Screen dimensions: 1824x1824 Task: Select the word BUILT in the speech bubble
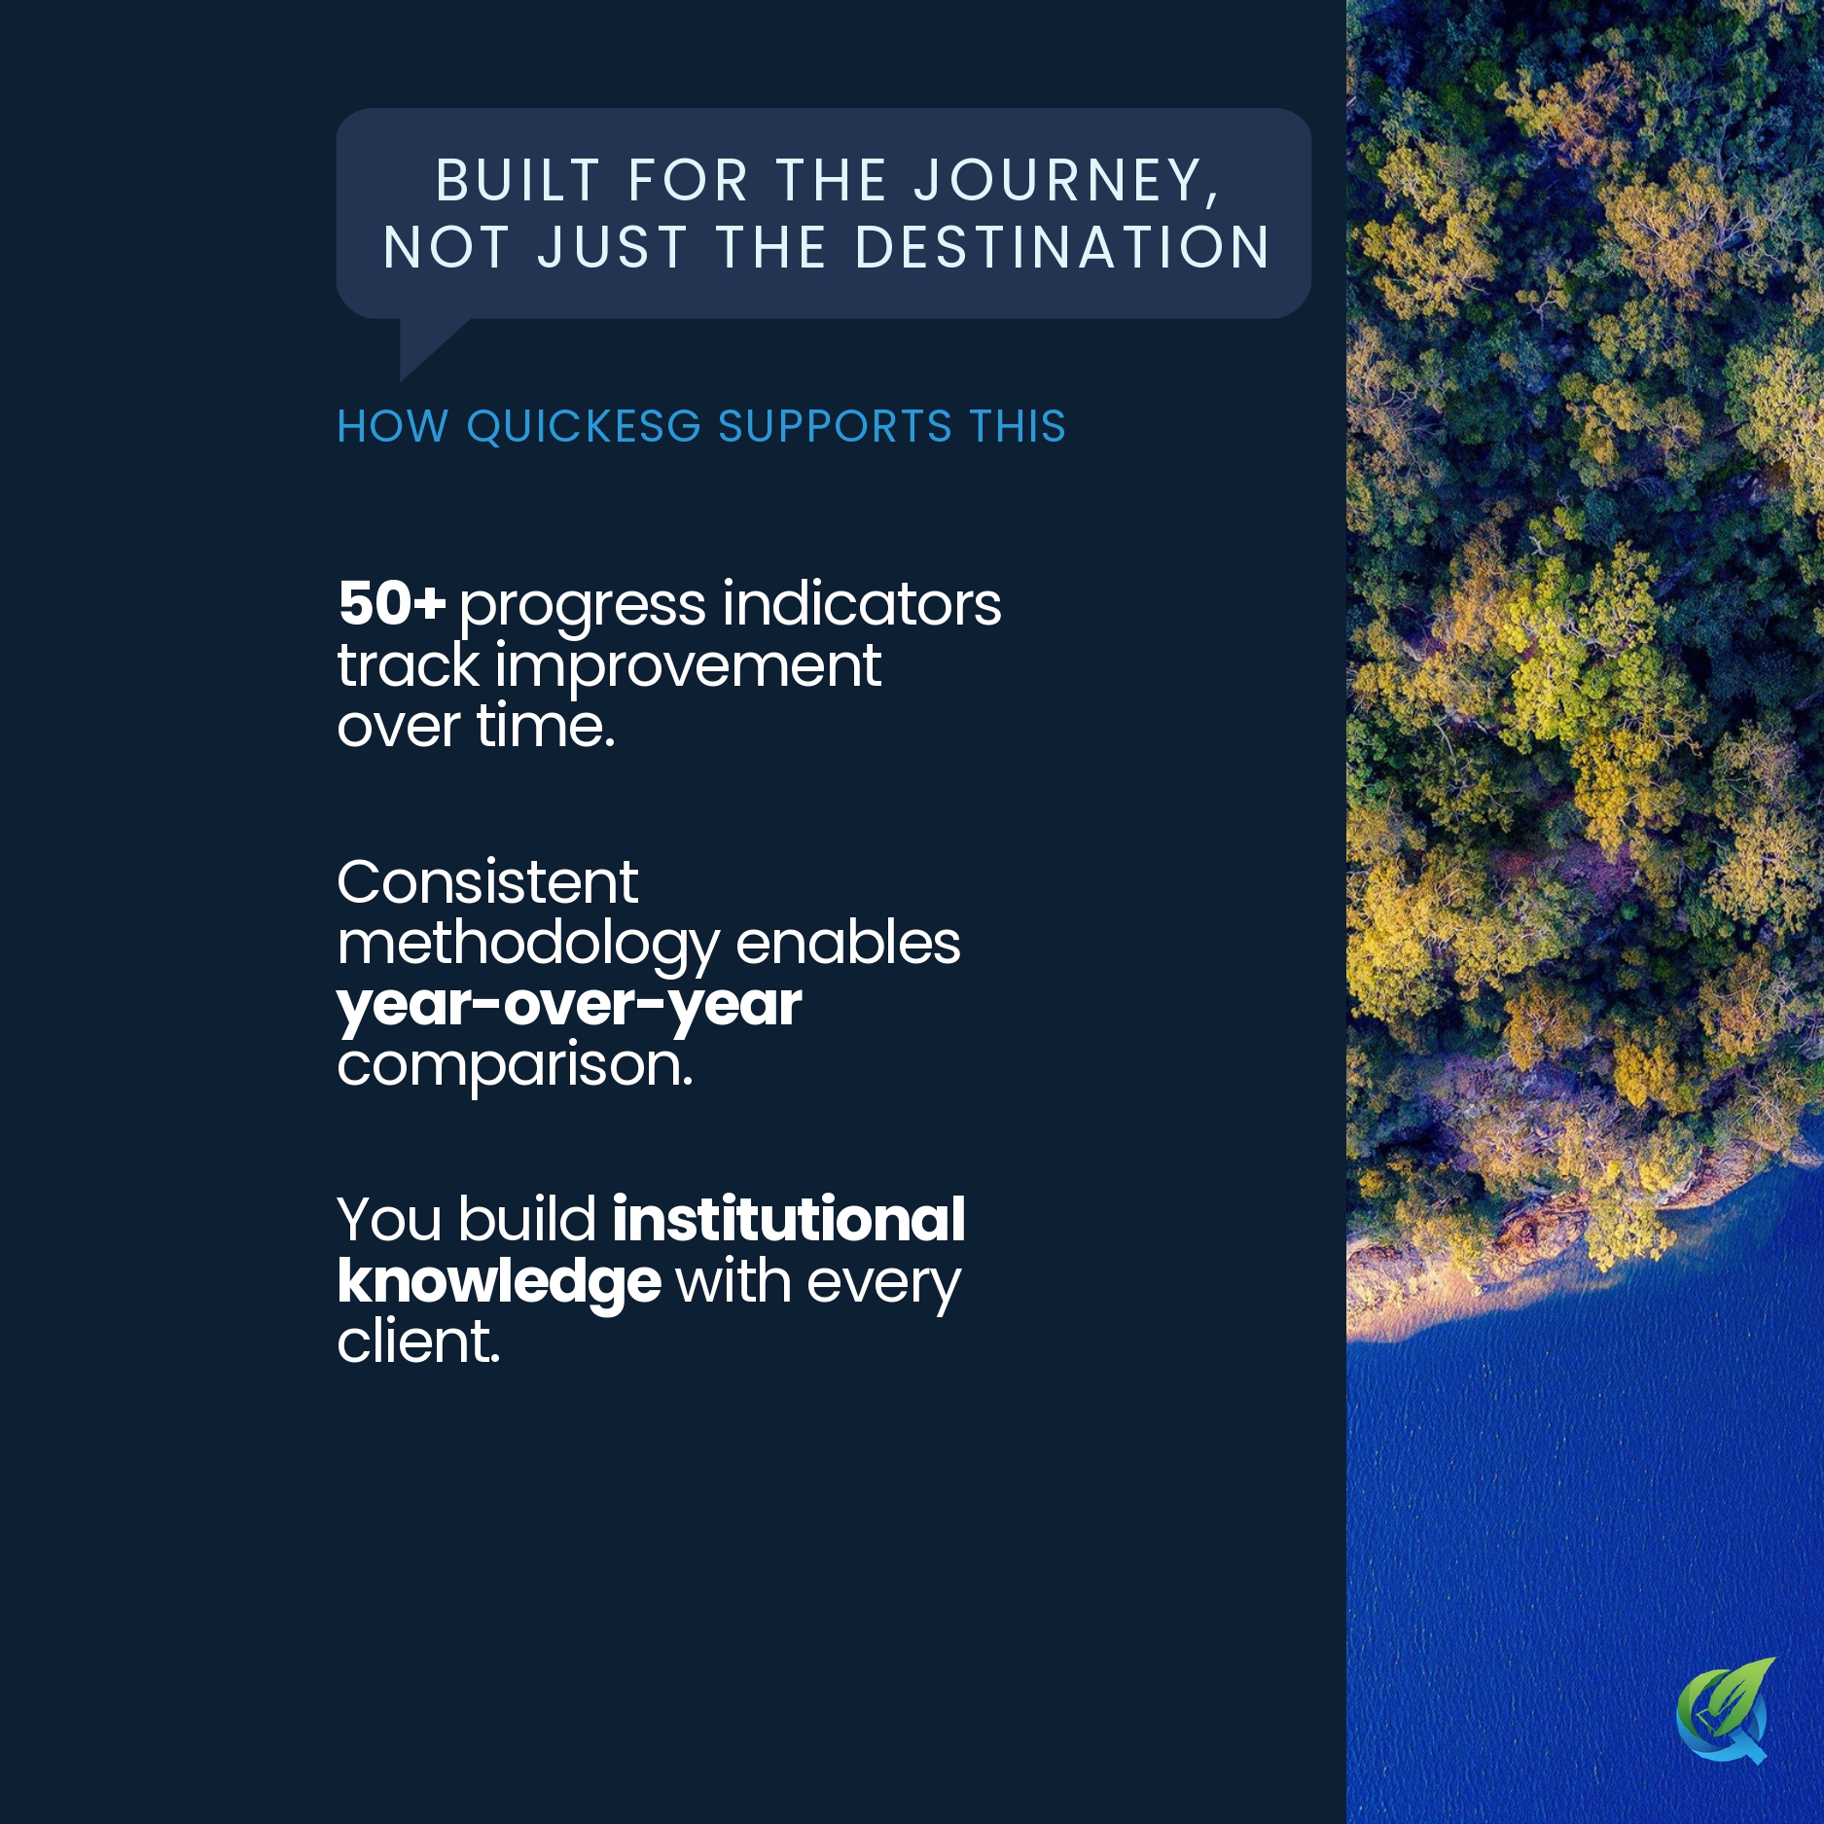pyautogui.click(x=518, y=181)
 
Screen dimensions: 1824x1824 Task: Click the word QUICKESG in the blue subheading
pyautogui.click(x=584, y=427)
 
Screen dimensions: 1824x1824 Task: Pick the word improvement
pyautogui.click(x=688, y=666)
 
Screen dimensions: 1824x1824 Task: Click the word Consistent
pyautogui.click(x=487, y=883)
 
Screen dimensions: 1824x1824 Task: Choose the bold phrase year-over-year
pyautogui.click(x=569, y=1005)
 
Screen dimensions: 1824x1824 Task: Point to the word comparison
pyautogui.click(x=515, y=1066)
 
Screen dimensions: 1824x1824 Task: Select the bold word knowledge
pyautogui.click(x=499, y=1281)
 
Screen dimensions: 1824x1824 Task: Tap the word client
pyautogui.click(x=418, y=1341)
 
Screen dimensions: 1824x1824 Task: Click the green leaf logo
pyautogui.click(x=1725, y=1709)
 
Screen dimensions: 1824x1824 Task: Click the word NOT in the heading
pyautogui.click(x=447, y=248)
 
